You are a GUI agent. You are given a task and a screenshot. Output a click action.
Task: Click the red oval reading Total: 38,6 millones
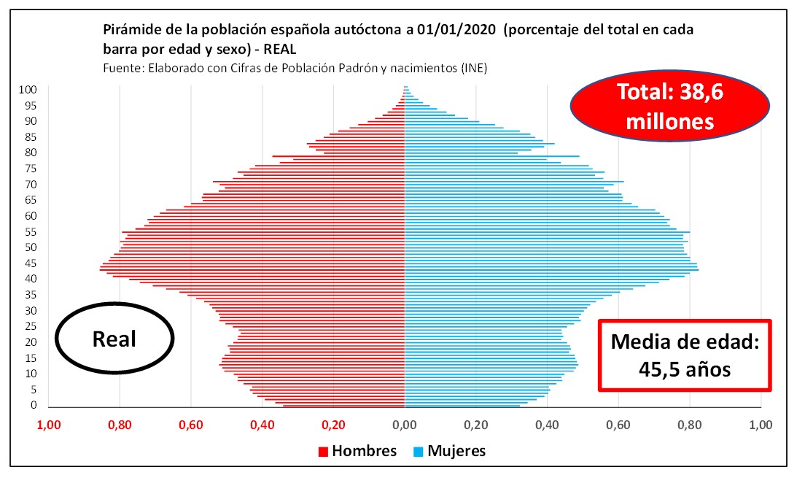pos(670,107)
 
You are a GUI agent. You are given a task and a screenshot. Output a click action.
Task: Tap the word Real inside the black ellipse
pos(114,339)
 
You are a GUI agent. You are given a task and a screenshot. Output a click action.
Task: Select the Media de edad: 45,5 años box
pos(685,355)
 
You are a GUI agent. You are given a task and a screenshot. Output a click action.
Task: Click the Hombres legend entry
pos(357,450)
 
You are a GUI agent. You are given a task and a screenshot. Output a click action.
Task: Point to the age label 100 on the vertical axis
pos(28,90)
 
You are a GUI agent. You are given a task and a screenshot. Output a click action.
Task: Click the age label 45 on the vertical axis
pos(31,263)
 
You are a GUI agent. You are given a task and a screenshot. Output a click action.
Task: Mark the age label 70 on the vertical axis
pos(31,184)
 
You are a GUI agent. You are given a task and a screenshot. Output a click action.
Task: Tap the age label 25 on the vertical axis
pos(31,325)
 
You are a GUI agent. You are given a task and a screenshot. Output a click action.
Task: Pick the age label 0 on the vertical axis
pos(34,405)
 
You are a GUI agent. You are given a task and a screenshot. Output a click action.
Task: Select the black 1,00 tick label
pos(761,423)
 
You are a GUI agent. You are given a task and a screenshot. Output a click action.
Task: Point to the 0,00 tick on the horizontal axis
pos(404,423)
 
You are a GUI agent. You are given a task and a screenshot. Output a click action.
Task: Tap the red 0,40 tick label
pos(262,423)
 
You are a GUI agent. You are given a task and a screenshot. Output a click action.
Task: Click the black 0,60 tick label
pos(618,423)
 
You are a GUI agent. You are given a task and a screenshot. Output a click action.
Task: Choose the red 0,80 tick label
pos(120,423)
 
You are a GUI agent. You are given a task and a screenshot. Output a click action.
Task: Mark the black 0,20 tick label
pos(475,423)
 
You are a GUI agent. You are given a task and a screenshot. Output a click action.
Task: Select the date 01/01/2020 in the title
pos(453,31)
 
